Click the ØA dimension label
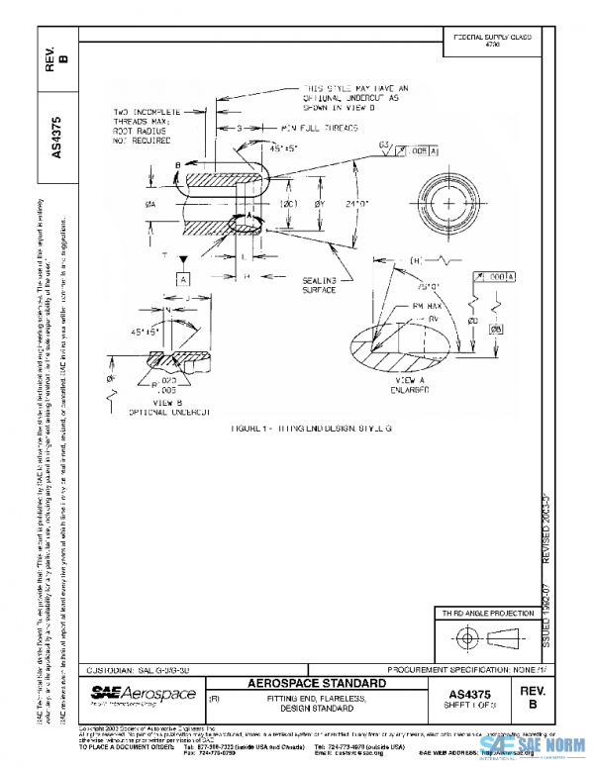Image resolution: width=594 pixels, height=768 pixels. [x=149, y=203]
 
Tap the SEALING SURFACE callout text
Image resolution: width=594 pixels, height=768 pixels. [x=321, y=286]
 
